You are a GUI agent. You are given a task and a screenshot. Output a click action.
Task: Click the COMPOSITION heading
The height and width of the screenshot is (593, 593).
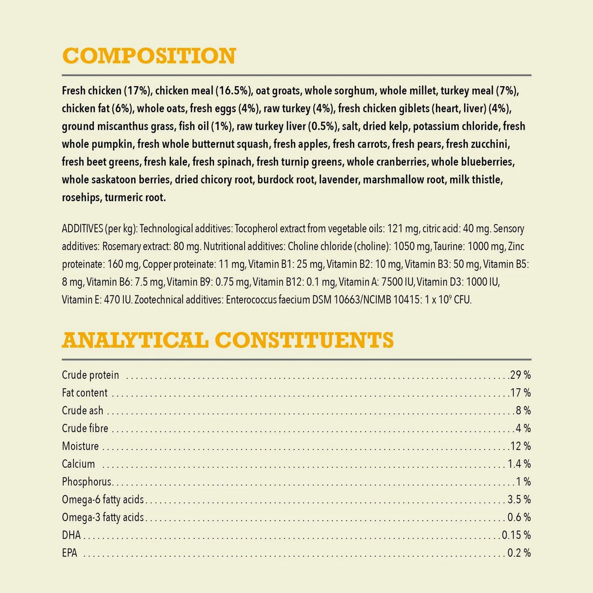point(149,56)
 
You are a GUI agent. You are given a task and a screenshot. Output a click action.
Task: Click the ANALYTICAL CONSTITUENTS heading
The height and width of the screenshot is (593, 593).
point(228,340)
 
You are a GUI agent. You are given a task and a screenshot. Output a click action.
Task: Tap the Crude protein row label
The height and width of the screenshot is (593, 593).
point(91,375)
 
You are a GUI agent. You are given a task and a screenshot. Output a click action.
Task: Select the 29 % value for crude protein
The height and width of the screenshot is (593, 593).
point(520,375)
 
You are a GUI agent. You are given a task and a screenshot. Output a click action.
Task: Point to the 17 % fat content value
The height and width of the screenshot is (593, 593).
point(520,393)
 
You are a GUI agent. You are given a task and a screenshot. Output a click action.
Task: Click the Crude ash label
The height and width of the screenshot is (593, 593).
point(82,411)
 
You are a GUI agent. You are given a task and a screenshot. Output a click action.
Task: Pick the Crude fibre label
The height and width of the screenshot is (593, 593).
point(85,429)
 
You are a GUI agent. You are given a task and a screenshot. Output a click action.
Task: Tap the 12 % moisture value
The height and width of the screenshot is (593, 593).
point(520,446)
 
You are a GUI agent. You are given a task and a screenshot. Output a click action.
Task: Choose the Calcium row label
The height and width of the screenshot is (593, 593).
point(79,464)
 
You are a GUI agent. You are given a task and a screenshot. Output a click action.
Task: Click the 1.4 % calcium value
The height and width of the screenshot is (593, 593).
point(519,464)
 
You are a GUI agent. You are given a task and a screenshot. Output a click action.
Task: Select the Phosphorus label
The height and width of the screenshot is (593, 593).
point(87,482)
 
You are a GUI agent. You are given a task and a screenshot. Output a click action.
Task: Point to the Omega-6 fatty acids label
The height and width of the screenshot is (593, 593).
point(103,500)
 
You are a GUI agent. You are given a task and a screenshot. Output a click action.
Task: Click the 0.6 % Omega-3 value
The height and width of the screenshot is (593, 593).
point(519,518)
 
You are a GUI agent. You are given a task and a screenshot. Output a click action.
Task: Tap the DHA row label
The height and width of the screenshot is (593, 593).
point(71,535)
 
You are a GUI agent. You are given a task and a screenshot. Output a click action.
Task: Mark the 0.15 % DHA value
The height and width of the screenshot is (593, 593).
point(516,535)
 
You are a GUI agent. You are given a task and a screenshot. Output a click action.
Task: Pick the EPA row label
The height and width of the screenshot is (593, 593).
point(70,553)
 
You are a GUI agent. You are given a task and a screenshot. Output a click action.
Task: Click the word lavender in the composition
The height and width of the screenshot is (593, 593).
point(339,180)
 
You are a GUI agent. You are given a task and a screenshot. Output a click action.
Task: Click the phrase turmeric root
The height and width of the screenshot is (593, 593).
point(135,197)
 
